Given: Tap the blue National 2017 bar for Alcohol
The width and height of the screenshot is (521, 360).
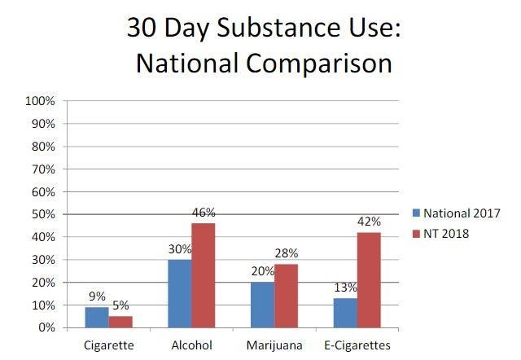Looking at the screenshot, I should (180, 293).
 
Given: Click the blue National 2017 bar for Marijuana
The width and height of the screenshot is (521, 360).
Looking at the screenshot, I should (263, 305).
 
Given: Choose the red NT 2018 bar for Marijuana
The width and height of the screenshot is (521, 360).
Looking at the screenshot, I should (285, 296).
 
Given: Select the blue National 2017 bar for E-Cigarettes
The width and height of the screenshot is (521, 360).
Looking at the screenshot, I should (346, 313).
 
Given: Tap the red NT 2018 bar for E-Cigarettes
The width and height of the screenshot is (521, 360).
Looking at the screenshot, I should (368, 280).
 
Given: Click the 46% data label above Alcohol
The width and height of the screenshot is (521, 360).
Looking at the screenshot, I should (204, 213).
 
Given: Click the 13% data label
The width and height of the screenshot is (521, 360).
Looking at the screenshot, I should (344, 288).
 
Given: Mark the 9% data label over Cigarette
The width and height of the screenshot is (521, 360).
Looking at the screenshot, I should (96, 297).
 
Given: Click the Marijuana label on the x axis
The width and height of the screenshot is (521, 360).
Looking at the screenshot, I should (274, 345).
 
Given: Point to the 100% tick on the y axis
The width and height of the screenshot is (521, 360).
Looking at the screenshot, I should (40, 102).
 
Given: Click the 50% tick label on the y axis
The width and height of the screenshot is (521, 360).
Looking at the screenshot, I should (42, 214).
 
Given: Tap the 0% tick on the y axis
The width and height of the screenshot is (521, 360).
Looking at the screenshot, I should (46, 327).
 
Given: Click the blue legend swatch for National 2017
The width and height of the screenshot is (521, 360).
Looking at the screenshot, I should (414, 213).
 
